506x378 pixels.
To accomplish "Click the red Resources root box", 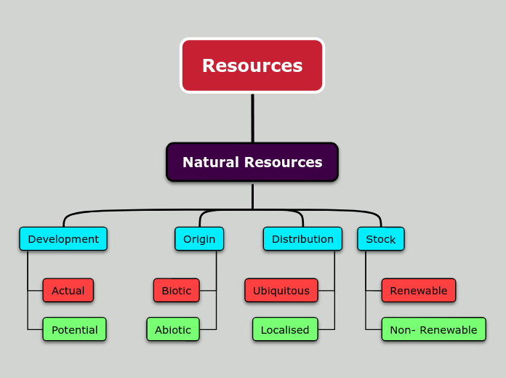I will [x=252, y=65].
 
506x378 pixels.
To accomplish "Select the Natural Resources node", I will [x=252, y=162].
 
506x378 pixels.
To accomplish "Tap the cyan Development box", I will [x=63, y=239].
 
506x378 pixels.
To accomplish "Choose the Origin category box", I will [x=199, y=239].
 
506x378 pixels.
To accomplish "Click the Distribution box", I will [x=302, y=239].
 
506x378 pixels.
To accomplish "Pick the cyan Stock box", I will [x=380, y=239].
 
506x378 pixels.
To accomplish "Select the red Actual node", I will [x=68, y=291].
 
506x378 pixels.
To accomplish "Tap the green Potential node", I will [x=74, y=329].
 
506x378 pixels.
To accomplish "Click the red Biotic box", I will [x=176, y=291].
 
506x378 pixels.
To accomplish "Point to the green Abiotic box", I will [x=172, y=329].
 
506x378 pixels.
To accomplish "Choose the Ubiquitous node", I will [x=281, y=291].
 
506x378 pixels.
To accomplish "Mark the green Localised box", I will [x=284, y=329].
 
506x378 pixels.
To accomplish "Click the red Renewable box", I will [x=418, y=291].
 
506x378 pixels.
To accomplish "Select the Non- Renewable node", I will [x=433, y=329].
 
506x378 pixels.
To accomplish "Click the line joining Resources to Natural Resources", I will [x=252, y=118].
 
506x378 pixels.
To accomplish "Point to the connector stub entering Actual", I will [x=35, y=291].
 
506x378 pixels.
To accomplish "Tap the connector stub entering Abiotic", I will [x=208, y=329].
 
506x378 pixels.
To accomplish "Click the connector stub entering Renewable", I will [x=373, y=291].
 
